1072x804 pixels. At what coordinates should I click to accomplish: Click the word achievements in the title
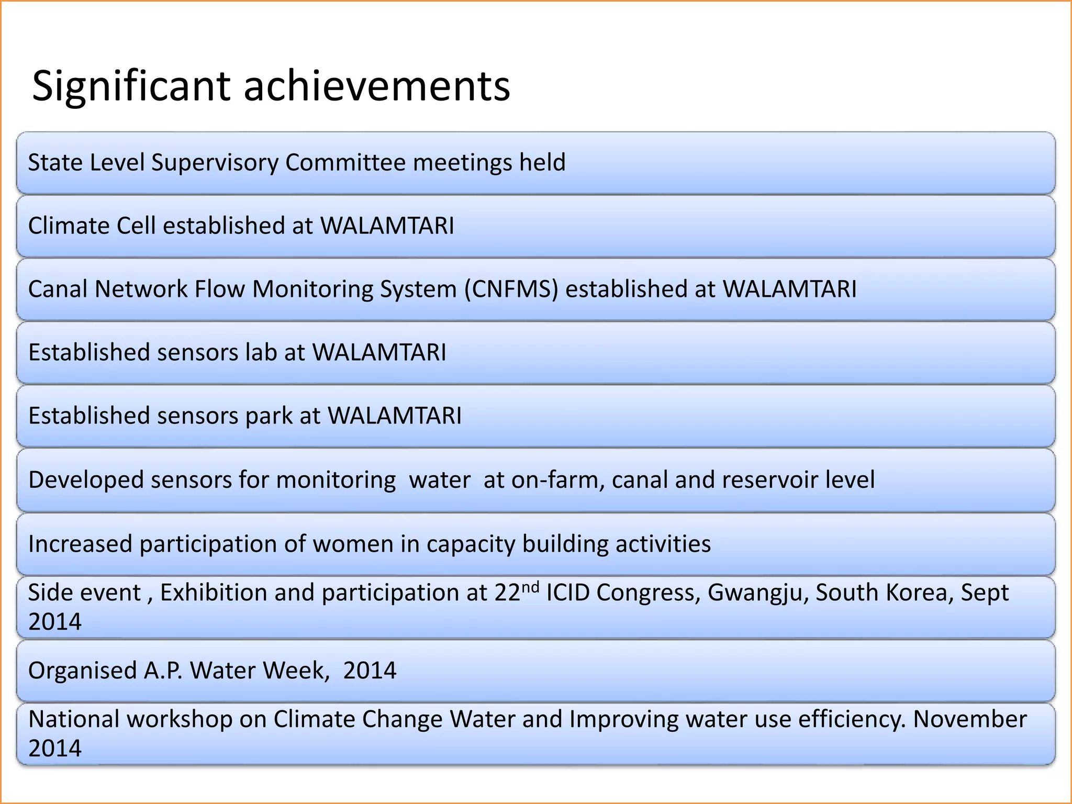[x=377, y=86]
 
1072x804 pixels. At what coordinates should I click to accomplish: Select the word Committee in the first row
[x=345, y=163]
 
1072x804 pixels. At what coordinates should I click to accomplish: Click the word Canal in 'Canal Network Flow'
[x=58, y=289]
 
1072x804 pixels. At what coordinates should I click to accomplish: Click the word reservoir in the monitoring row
[x=770, y=480]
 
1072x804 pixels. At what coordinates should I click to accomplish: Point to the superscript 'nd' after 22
[x=530, y=587]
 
